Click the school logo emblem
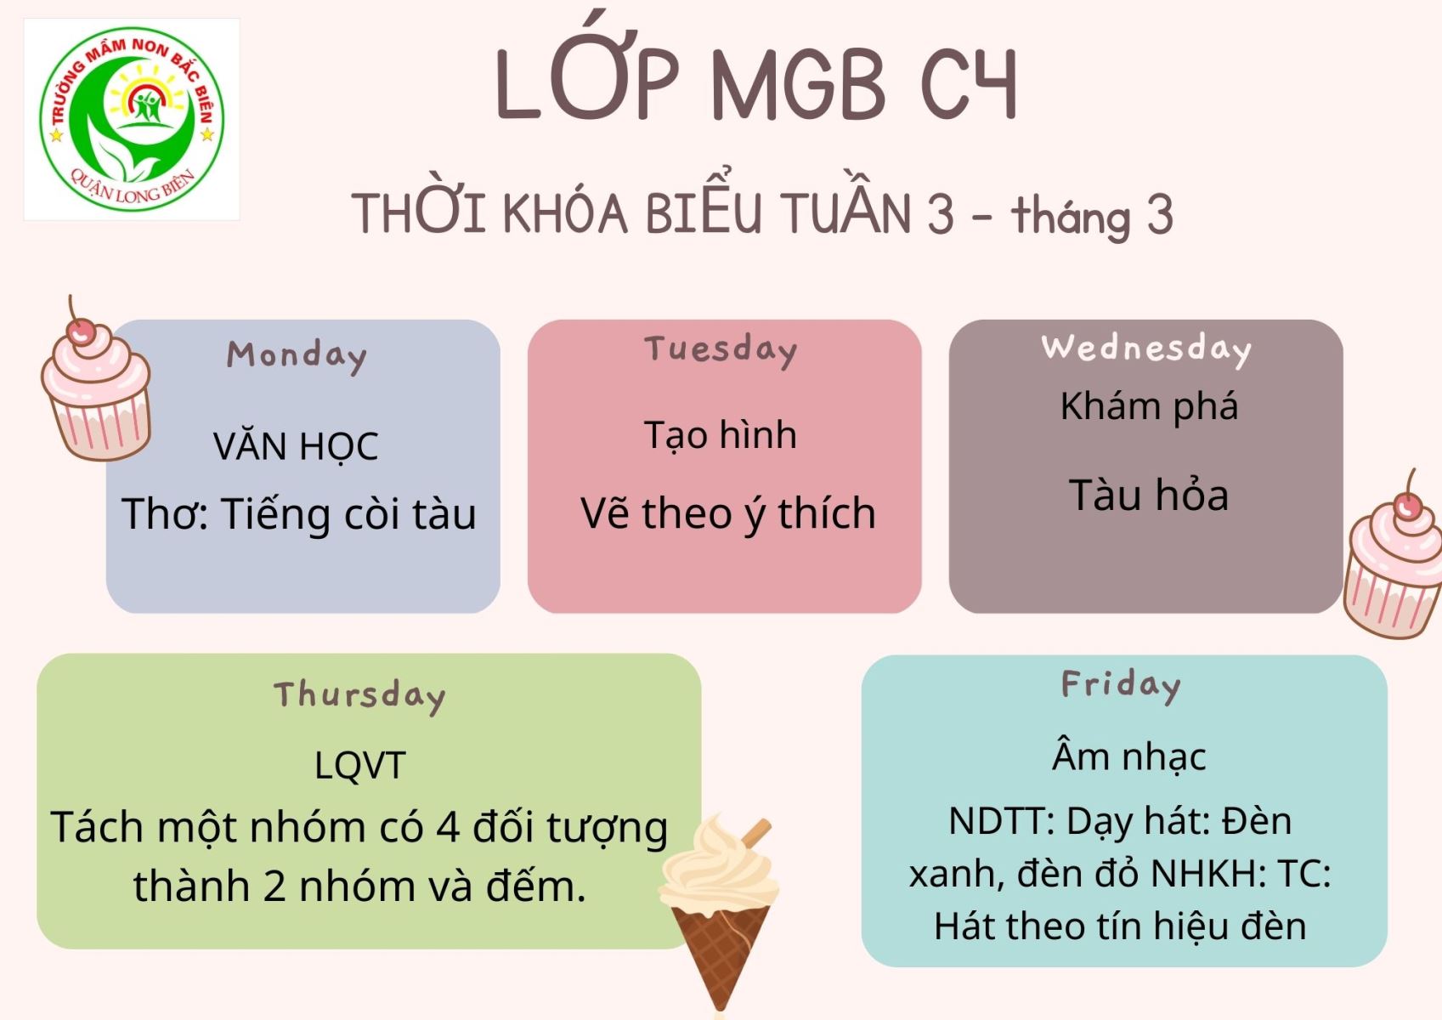pyautogui.click(x=132, y=119)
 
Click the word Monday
pyautogui.click(x=296, y=356)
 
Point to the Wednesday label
pyautogui.click(x=1146, y=349)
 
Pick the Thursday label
pyautogui.click(x=359, y=696)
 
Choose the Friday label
pyautogui.click(x=1121, y=686)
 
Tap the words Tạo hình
pyautogui.click(x=721, y=434)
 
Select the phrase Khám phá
pyautogui.click(x=1149, y=407)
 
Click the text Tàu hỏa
pyautogui.click(x=1149, y=495)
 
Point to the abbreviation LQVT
pyautogui.click(x=359, y=766)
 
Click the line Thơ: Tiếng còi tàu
pyautogui.click(x=299, y=514)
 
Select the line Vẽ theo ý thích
pyautogui.click(x=728, y=514)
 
